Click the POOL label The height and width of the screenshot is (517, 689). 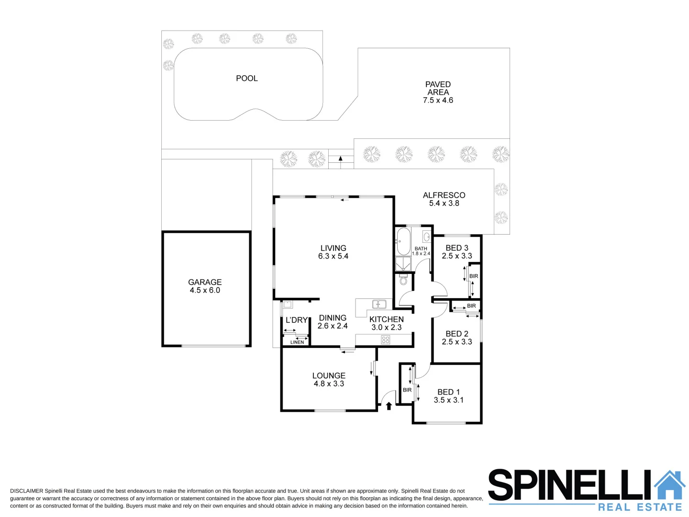[246, 78]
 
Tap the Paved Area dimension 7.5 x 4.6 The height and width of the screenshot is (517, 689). [438, 101]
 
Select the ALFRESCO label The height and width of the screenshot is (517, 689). [444, 195]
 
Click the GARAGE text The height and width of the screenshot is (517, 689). [205, 282]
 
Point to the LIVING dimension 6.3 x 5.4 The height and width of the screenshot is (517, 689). [333, 256]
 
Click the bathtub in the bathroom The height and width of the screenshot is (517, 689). [403, 241]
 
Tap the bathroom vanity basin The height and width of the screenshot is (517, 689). [426, 236]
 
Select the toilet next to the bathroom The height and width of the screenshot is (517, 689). [403, 279]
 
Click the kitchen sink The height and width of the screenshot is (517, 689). [379, 304]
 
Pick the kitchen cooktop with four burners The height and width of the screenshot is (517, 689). [386, 340]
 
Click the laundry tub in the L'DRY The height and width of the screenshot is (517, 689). [288, 304]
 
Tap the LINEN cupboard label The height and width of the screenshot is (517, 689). [297, 342]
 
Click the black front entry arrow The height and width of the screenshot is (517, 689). [389, 406]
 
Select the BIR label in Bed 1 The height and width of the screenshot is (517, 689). [407, 390]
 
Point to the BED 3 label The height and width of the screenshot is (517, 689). [456, 248]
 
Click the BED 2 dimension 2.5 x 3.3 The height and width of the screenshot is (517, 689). [456, 342]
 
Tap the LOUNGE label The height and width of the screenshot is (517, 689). [329, 376]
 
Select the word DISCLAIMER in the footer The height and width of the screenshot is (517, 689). [26, 491]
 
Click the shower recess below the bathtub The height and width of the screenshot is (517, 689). [403, 264]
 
